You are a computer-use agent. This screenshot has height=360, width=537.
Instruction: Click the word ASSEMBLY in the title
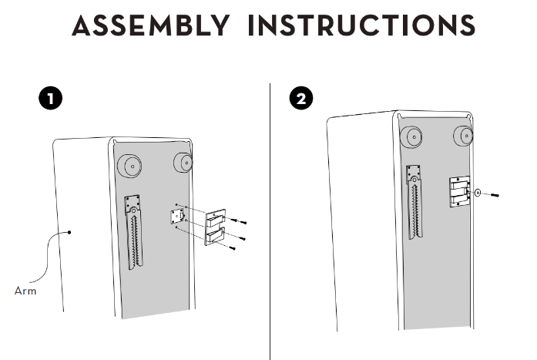point(151,25)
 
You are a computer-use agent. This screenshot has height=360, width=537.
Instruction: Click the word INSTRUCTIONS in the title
point(361,25)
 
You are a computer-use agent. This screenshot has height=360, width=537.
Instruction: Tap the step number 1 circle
point(51,99)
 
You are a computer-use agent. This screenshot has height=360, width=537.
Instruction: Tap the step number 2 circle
point(301,99)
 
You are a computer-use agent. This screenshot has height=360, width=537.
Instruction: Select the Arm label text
point(25,291)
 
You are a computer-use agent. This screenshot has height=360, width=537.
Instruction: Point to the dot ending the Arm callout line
point(69,232)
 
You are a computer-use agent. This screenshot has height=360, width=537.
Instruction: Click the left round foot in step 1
point(129,167)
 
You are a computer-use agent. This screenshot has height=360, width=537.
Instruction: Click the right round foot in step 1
point(183,163)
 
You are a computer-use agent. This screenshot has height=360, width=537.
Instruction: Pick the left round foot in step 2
point(411,137)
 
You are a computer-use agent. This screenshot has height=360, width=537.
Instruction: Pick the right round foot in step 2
point(463,136)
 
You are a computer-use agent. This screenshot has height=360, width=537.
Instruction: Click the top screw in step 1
point(238,221)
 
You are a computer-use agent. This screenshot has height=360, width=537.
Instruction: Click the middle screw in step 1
point(237,237)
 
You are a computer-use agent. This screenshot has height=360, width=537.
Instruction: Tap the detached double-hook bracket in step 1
point(215,227)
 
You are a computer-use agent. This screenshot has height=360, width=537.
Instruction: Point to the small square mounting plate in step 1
point(177,217)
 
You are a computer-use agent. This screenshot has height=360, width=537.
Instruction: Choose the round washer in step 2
point(478,193)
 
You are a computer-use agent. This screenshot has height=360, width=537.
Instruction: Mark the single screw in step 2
point(494,195)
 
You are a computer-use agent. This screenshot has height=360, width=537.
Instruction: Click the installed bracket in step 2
point(460,192)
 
